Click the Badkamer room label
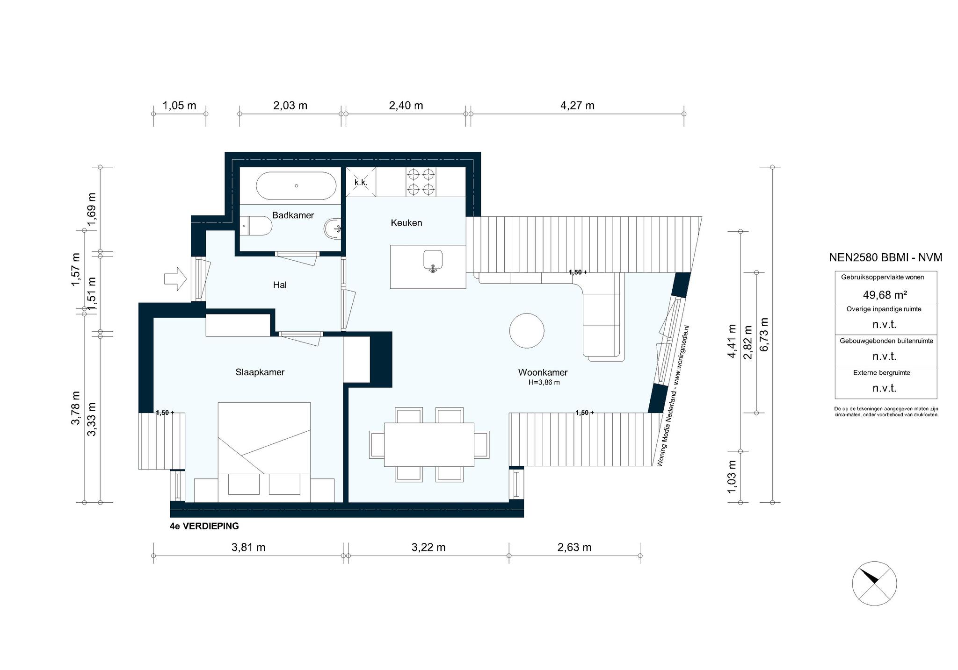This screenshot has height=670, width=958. (x=293, y=215)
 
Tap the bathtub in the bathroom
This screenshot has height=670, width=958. (x=296, y=186)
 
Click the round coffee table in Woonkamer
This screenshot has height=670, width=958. (x=527, y=330)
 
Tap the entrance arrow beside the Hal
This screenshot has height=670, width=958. (x=175, y=279)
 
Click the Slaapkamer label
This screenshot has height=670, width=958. (x=260, y=372)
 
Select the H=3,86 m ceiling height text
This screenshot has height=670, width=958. (x=544, y=382)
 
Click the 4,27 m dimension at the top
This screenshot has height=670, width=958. (x=577, y=106)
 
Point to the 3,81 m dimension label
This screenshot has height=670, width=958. (x=248, y=547)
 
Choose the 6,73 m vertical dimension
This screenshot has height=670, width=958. (x=764, y=335)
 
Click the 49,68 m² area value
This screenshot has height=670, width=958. (x=885, y=295)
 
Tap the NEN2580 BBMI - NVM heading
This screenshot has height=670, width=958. (x=885, y=257)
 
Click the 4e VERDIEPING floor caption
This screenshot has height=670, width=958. (x=204, y=526)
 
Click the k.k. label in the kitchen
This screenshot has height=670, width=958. (x=361, y=182)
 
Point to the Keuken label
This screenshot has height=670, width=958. (x=406, y=223)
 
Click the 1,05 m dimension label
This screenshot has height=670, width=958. (x=179, y=106)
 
